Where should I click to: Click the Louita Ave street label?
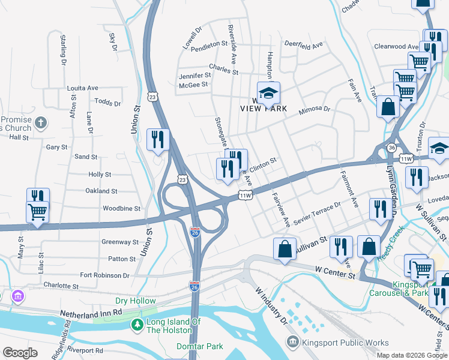point(82,88)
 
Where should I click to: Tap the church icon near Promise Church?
point(41,124)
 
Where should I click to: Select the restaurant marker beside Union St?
point(158,140)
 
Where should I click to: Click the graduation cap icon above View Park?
point(269,93)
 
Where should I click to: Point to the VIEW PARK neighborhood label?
point(264,109)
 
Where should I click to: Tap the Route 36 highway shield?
point(391,148)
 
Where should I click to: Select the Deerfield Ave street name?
point(304,44)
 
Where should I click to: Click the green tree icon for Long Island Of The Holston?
point(137,325)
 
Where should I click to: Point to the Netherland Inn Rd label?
point(91,313)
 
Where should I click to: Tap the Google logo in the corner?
point(20,353)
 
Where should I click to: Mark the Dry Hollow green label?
point(136,301)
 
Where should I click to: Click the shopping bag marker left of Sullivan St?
point(285,249)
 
